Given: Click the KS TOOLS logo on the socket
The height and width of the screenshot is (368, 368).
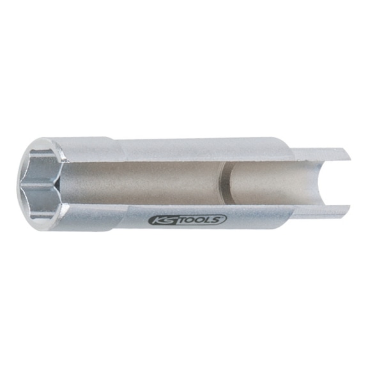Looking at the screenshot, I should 187,220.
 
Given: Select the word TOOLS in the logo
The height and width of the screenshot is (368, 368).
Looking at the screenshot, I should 199,220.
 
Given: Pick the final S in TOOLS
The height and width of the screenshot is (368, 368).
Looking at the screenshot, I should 218,219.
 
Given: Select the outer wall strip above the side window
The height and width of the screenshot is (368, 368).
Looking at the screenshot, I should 192,149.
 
